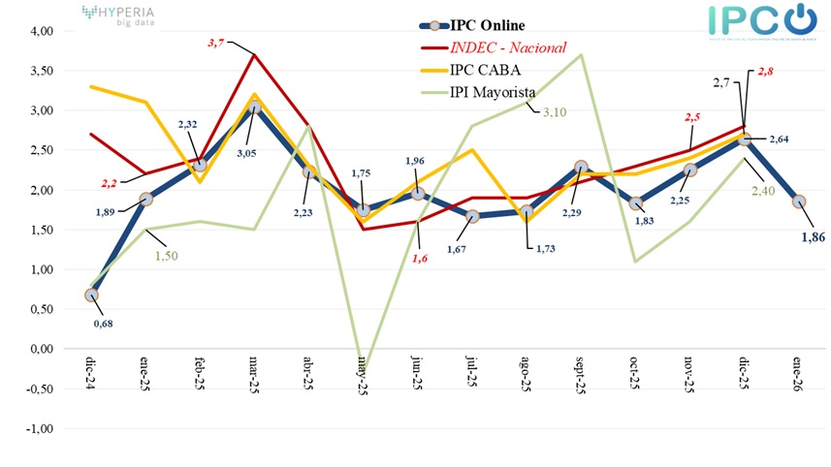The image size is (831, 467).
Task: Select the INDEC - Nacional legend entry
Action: point(504,47)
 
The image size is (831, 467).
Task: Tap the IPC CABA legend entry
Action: point(482,70)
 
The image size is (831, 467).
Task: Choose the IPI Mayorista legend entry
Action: point(492,91)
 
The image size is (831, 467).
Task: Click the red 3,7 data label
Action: point(215,43)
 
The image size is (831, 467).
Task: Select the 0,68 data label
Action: point(103,324)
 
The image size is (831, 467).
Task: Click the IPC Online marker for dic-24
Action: point(91,295)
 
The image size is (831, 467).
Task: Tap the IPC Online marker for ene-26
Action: point(797,202)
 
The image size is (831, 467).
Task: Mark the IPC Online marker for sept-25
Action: point(580,167)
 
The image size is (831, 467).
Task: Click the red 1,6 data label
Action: point(419,259)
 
